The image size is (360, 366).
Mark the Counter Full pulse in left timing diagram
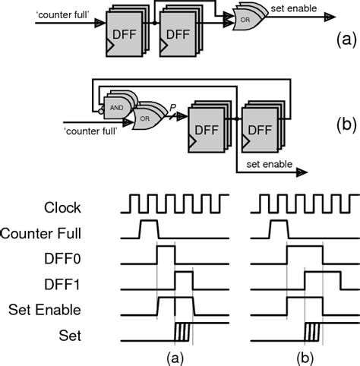(147, 229)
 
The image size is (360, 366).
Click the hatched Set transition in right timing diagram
(311, 332)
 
